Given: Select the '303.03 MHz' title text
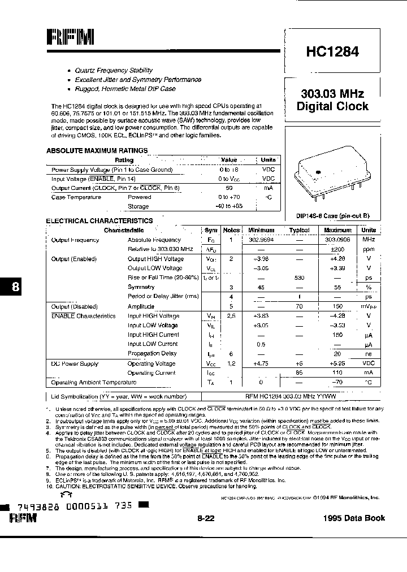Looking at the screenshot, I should [x=332, y=94].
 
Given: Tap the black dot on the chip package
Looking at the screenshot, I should [x=318, y=174].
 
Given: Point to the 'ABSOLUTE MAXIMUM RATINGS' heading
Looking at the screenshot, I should [x=97, y=151].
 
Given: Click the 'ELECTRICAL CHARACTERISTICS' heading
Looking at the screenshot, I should [x=99, y=221].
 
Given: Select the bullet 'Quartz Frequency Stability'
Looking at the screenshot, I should [x=114, y=71].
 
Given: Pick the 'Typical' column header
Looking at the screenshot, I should [x=299, y=231].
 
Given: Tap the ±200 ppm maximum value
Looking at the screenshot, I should [x=338, y=249].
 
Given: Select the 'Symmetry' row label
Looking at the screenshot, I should [x=141, y=288].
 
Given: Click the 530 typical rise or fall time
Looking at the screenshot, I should [x=299, y=278].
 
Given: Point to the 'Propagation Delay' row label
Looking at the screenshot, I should [x=152, y=353].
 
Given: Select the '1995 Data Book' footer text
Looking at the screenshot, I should [x=354, y=518].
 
